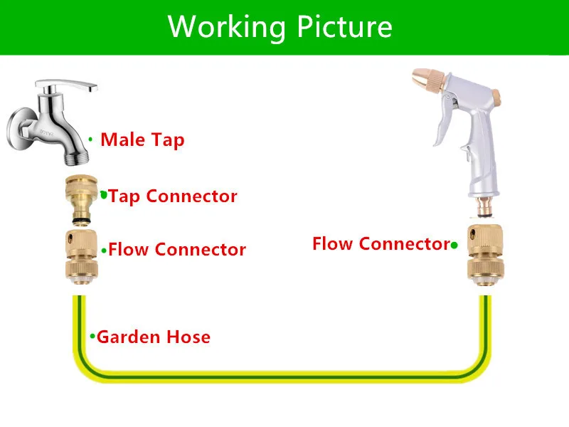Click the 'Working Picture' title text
tap(280, 27)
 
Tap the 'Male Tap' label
tap(142, 139)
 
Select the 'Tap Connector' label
tap(172, 196)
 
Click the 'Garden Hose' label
tap(154, 337)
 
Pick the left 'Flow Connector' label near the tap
tap(177, 250)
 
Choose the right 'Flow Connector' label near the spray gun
tap(381, 244)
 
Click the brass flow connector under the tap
tap(80, 256)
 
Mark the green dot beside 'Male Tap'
tap(91, 139)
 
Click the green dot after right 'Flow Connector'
tap(454, 245)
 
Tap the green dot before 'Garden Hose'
tap(92, 335)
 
